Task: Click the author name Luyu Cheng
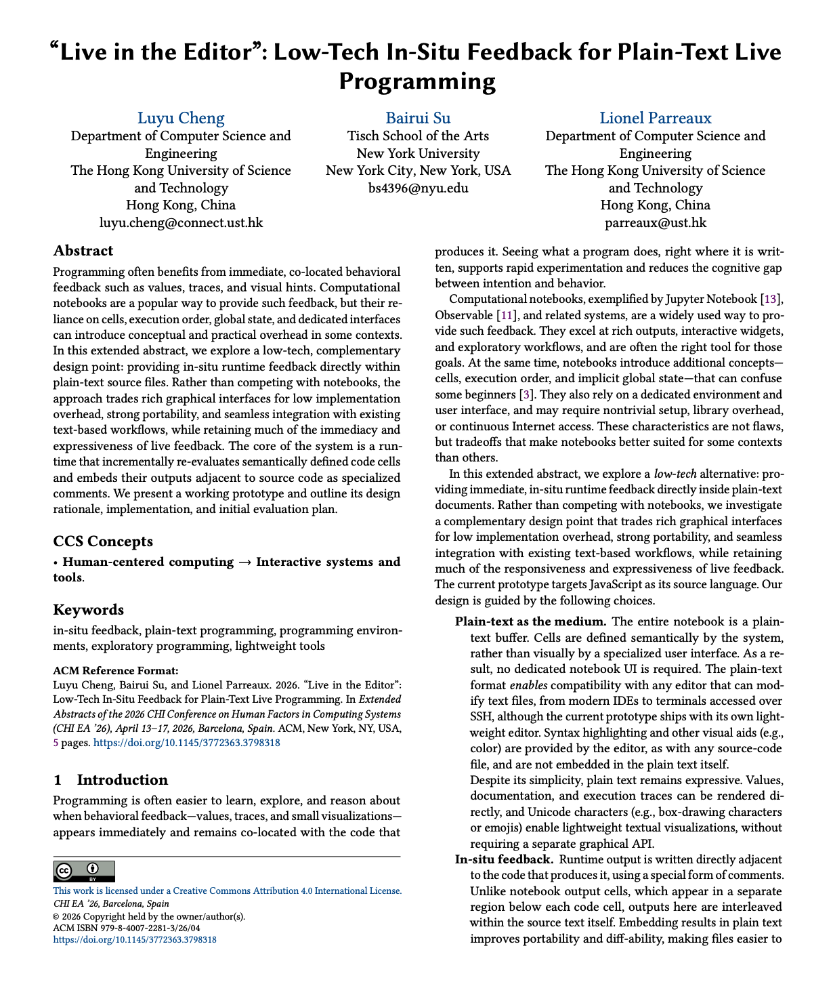click(x=181, y=118)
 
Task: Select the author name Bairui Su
click(x=418, y=118)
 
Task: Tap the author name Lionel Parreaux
click(x=655, y=118)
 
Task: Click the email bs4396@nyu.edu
click(x=418, y=188)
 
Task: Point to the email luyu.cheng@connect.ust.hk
click(x=181, y=222)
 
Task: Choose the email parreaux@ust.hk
click(x=655, y=222)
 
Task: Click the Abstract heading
click(x=83, y=251)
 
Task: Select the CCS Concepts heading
click(x=103, y=541)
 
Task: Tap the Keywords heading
click(x=89, y=609)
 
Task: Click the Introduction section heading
click(x=122, y=779)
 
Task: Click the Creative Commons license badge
click(x=84, y=871)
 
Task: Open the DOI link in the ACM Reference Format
click(x=186, y=743)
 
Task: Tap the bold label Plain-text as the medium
click(x=530, y=621)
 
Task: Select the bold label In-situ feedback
click(x=504, y=859)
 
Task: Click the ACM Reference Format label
click(x=116, y=671)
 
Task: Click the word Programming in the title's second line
click(x=417, y=81)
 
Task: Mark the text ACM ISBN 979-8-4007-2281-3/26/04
click(x=127, y=928)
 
